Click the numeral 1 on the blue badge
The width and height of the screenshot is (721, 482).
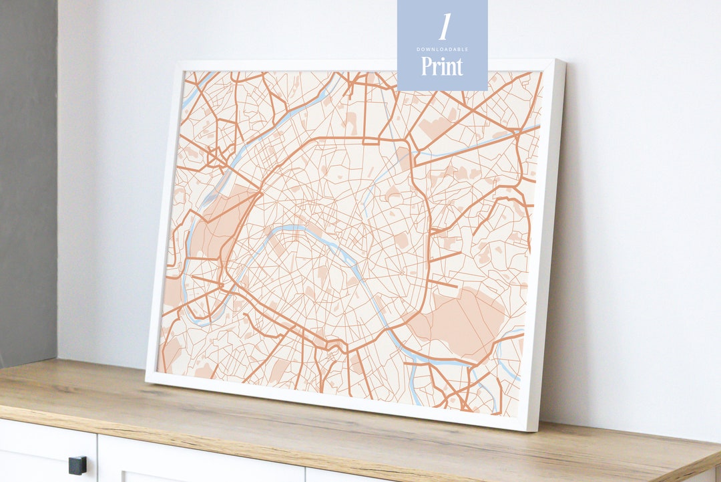pyautogui.click(x=443, y=26)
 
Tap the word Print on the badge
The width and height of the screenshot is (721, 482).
pyautogui.click(x=442, y=67)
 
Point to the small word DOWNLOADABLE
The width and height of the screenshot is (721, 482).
pyautogui.click(x=442, y=49)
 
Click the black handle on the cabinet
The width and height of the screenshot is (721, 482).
pyautogui.click(x=77, y=464)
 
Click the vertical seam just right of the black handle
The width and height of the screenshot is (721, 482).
pyautogui.click(x=97, y=461)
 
